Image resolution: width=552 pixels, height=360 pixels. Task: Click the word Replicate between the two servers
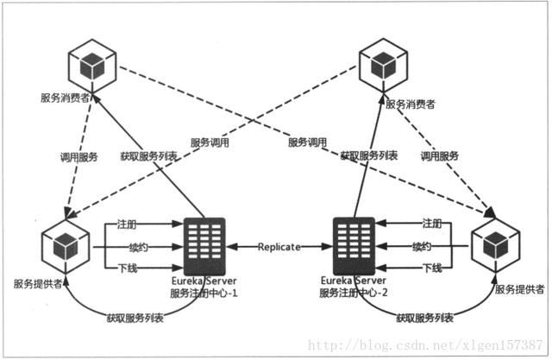coord(279,247)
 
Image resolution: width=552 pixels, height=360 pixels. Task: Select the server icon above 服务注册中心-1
coord(204,245)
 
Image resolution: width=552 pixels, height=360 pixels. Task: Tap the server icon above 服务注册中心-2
coord(354,245)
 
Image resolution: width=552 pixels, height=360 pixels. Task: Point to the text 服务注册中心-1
coord(204,294)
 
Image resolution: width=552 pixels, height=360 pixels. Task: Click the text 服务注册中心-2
coord(354,294)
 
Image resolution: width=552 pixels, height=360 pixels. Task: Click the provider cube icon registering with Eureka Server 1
coord(64,243)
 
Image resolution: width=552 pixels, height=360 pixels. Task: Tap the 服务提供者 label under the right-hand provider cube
coord(520,288)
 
